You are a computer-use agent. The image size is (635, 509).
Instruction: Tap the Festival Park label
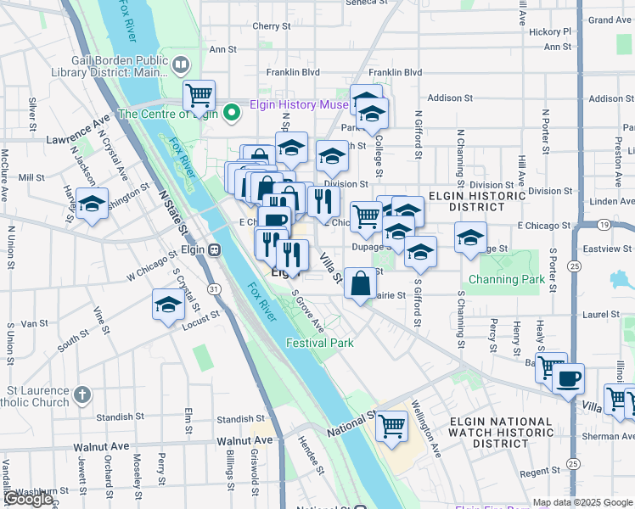click(319, 343)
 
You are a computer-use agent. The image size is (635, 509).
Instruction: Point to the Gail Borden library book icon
click(181, 64)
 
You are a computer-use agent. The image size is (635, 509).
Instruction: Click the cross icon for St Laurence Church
click(82, 395)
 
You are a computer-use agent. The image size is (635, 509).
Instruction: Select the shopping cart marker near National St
click(391, 425)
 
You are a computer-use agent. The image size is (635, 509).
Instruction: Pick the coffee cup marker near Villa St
click(568, 378)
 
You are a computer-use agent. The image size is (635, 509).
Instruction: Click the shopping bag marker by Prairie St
click(360, 283)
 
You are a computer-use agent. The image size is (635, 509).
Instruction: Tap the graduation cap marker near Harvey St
click(92, 204)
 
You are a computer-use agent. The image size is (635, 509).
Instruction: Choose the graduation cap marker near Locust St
click(168, 305)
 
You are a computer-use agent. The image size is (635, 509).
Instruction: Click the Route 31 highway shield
click(215, 289)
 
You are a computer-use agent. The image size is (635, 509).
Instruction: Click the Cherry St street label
click(272, 26)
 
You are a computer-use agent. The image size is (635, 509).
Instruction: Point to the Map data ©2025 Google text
click(582, 502)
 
